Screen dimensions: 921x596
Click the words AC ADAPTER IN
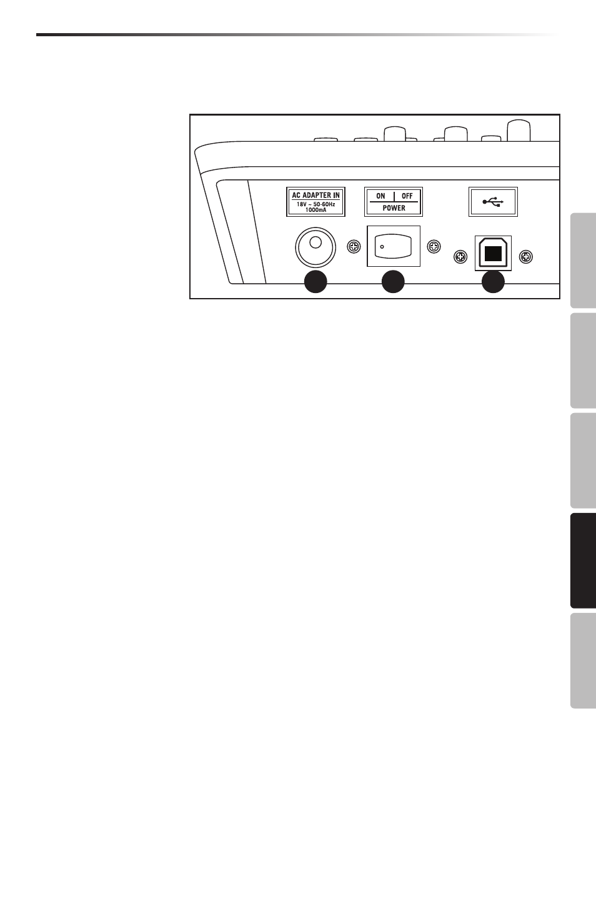[x=315, y=196]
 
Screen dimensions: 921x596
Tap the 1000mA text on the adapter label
[x=315, y=210]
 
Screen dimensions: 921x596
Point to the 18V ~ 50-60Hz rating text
[x=315, y=204]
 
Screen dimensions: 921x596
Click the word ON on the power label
[x=380, y=196]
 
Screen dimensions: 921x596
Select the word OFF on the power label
[x=407, y=196]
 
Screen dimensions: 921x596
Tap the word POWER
[x=394, y=208]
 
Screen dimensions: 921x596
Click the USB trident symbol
[x=493, y=202]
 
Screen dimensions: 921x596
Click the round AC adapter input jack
[x=315, y=247]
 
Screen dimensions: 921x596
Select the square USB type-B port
[x=493, y=253]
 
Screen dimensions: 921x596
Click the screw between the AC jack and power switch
[x=353, y=247]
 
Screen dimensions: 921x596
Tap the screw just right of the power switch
[x=432, y=247]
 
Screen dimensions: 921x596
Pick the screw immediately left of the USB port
[x=460, y=256]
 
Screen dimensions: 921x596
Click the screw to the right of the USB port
[x=526, y=256]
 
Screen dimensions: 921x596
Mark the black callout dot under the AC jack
[x=315, y=282]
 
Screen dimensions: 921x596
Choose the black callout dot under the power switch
[x=393, y=282]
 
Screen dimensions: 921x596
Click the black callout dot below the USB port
[x=492, y=282]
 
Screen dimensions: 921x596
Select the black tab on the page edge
[x=584, y=560]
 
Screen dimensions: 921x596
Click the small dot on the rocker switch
[x=382, y=247]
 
